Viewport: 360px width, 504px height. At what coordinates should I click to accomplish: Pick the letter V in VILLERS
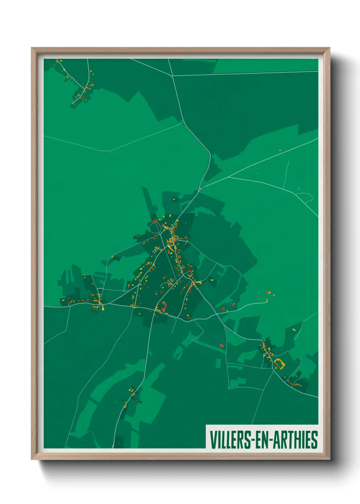tap(213, 440)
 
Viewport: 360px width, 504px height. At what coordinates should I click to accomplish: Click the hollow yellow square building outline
tap(279, 363)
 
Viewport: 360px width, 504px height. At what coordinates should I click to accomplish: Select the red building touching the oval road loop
tap(155, 221)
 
